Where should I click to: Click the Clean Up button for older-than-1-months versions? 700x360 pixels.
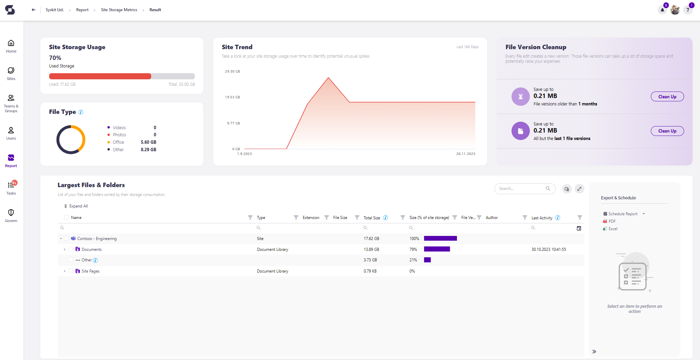coord(667,97)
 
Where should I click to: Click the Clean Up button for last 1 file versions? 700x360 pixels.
coord(667,131)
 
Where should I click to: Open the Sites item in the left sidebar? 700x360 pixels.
coord(11,74)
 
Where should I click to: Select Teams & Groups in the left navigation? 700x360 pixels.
coord(11,103)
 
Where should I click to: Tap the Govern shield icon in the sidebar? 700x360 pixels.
coord(11,213)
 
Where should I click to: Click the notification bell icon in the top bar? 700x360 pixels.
coord(662,10)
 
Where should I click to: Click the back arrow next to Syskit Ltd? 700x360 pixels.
coord(34,10)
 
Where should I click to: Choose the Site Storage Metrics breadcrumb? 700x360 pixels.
coord(119,10)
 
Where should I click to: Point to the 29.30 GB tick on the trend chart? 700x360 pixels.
coord(232,72)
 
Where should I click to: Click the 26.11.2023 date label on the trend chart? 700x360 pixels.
coord(466,154)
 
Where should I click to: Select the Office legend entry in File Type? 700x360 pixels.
coord(118,142)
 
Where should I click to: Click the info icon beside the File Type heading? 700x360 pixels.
coord(81,112)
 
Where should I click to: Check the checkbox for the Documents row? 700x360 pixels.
coord(71,249)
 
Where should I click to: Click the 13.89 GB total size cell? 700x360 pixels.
coord(372,249)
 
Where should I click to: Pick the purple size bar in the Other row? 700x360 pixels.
coord(427,260)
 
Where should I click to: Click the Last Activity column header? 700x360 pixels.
coord(542,218)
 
